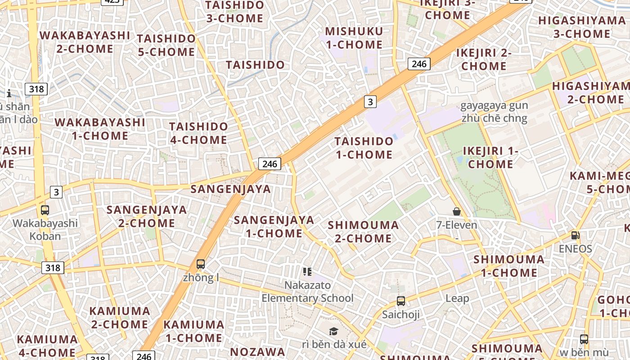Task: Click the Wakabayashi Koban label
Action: click(x=45, y=229)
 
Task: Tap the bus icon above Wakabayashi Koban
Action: click(x=45, y=210)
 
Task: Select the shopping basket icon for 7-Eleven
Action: click(x=457, y=211)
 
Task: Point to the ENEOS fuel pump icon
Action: click(x=575, y=235)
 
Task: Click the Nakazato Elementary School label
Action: click(x=308, y=292)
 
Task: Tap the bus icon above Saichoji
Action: click(x=401, y=301)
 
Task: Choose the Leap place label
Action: click(x=457, y=298)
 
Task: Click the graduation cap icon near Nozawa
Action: click(x=333, y=332)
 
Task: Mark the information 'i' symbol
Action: click(x=9, y=93)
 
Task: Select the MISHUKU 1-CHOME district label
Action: click(x=354, y=38)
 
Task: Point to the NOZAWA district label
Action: click(x=257, y=351)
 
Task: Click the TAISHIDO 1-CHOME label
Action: click(x=364, y=148)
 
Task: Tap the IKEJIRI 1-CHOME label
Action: click(x=490, y=157)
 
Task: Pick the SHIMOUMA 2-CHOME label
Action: click(x=363, y=231)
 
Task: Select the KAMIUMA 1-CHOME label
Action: click(x=193, y=331)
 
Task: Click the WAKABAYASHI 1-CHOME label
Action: click(x=99, y=129)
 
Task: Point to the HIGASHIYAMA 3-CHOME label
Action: click(x=581, y=27)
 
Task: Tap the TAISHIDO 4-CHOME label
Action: click(x=198, y=133)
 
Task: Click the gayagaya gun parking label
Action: click(x=494, y=112)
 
